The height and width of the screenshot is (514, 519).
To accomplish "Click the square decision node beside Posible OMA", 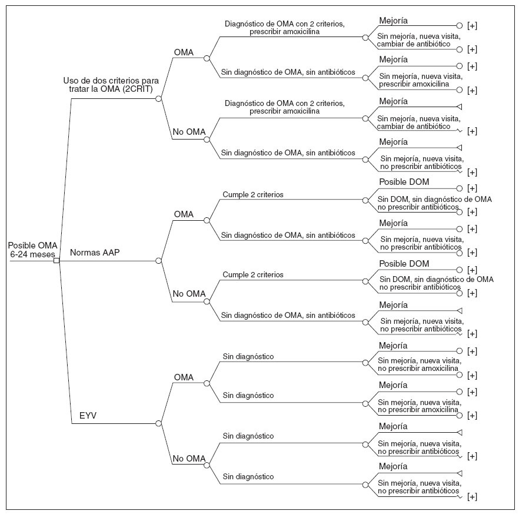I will pyautogui.click(x=56, y=260).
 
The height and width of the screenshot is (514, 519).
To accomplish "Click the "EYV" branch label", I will pyautogui.click(x=88, y=415).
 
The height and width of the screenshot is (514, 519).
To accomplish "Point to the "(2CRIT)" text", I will pyautogui.click(x=137, y=89).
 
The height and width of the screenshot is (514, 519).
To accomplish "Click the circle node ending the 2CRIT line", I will pyautogui.click(x=159, y=98).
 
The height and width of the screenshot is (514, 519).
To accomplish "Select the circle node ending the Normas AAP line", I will pyautogui.click(x=159, y=260).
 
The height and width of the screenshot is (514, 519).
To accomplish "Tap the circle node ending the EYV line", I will pyautogui.click(x=159, y=423).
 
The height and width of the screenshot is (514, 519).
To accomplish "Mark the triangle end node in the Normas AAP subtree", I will pyautogui.click(x=460, y=310).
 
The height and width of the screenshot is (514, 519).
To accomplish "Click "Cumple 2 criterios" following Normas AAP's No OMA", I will pyautogui.click(x=253, y=274).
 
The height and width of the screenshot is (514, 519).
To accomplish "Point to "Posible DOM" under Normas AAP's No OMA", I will pyautogui.click(x=404, y=263).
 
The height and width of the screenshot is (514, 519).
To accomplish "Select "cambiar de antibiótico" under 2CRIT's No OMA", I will pyautogui.click(x=414, y=127).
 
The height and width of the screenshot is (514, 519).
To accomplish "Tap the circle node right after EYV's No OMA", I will pyautogui.click(x=207, y=463).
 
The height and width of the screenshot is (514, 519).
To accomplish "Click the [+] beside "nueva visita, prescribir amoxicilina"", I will pyautogui.click(x=472, y=90).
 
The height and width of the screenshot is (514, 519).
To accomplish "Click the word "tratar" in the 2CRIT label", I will pyautogui.click(x=79, y=89).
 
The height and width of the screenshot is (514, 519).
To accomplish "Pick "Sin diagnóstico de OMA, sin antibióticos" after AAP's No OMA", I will pyautogui.click(x=288, y=316).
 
